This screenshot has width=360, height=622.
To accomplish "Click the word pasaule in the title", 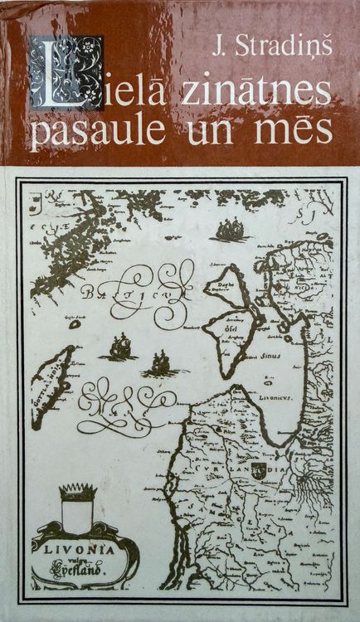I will click(95, 134).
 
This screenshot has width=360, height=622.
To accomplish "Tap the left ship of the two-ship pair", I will click(120, 347).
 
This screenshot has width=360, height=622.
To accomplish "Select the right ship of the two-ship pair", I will click(159, 362).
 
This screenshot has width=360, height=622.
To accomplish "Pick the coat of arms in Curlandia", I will click(281, 469).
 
